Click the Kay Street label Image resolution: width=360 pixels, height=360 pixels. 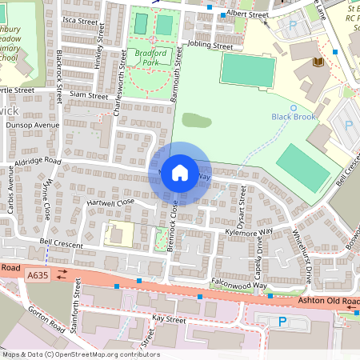(x=168, y=319)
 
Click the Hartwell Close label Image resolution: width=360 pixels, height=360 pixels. (x=112, y=203)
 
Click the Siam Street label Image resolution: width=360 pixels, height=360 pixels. (x=88, y=96)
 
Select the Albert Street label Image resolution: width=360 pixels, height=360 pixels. (x=247, y=15)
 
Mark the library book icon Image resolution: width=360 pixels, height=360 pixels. (x=318, y=62)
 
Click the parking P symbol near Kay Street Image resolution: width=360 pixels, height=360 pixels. (x=282, y=322)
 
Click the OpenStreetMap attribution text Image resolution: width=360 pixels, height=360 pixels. (x=80, y=354)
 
